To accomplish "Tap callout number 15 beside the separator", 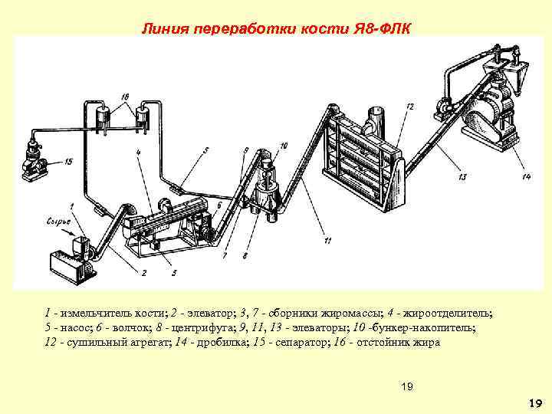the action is [x=68, y=162].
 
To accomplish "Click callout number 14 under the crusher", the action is [x=525, y=178].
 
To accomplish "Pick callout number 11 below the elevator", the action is [x=327, y=242].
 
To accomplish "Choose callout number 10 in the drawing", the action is [x=284, y=146].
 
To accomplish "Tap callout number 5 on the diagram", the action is [x=205, y=150].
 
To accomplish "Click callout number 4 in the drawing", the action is [x=138, y=153].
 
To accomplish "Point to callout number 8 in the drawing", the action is [x=245, y=255].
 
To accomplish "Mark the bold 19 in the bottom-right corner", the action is [x=535, y=403].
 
